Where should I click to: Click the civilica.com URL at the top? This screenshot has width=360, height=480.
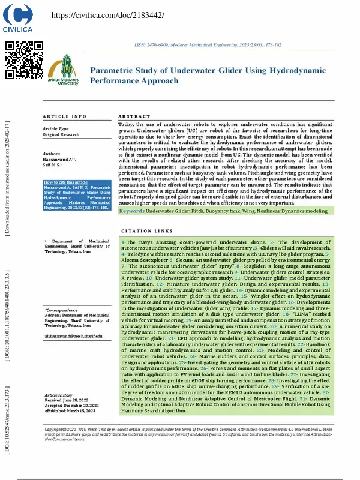tap(100, 15)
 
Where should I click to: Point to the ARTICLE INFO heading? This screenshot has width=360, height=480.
tap(64, 116)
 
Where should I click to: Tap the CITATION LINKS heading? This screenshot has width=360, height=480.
tap(146, 231)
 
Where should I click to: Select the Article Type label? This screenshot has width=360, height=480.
tap(56, 129)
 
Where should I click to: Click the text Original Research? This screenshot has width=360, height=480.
tap(61, 135)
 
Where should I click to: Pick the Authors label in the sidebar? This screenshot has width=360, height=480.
tap(52, 154)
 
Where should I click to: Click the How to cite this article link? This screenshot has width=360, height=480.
tap(67, 182)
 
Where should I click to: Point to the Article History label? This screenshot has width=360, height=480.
tap(59, 395)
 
